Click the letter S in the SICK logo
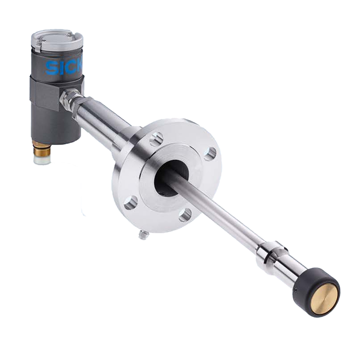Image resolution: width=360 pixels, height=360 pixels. [x=51, y=68]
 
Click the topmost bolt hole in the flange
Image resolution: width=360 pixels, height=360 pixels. [x=157, y=139]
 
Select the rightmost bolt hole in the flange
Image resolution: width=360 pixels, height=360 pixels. [x=210, y=153]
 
